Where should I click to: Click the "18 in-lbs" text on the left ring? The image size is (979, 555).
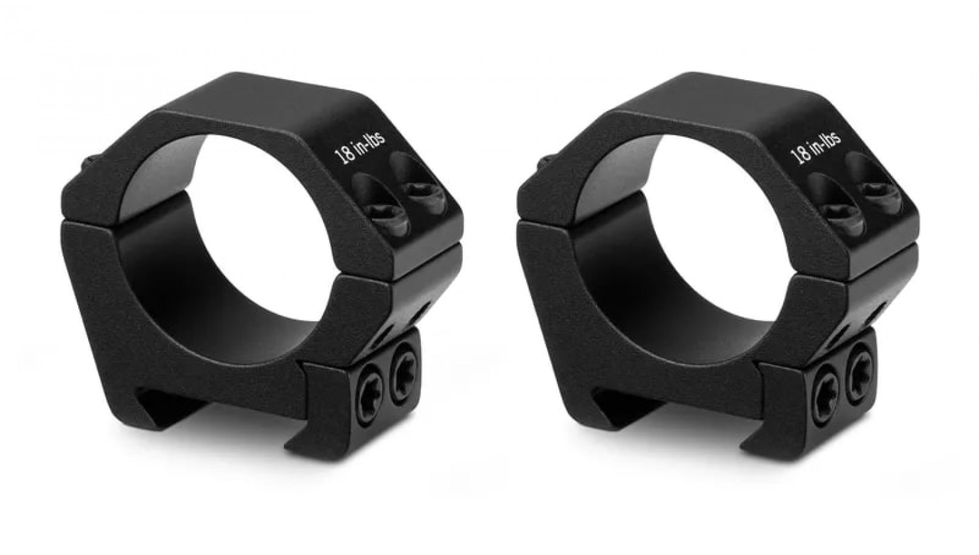coord(359,147)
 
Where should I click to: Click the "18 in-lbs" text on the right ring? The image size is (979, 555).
coord(816,147)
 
